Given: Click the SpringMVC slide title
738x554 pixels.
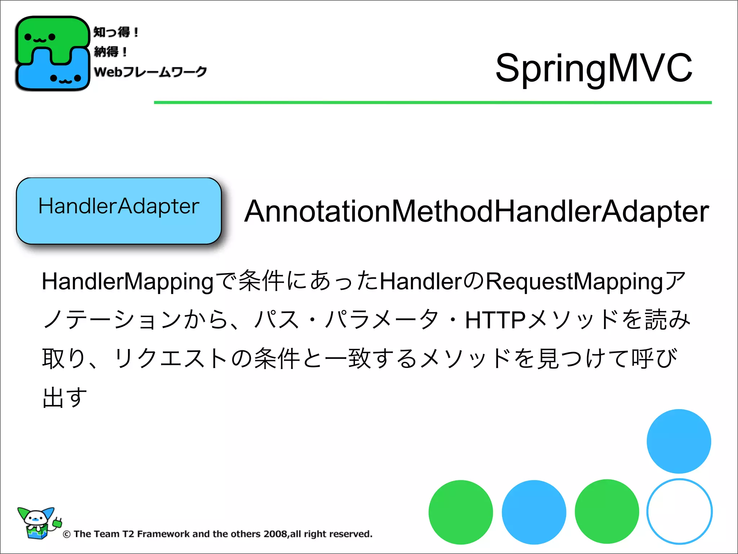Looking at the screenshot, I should click(x=593, y=68).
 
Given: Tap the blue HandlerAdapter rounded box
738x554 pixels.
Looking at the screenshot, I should click(x=119, y=211).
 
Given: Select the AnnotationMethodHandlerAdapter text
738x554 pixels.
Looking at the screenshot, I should click(x=476, y=211).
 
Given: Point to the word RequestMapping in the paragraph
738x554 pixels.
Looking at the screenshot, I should click(x=574, y=282).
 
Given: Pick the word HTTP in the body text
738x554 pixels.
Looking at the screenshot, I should click(x=495, y=320).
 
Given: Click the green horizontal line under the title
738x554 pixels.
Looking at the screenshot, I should click(x=432, y=103).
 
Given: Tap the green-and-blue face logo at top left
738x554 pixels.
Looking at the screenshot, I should click(x=52, y=53).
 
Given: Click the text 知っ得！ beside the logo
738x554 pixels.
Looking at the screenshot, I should click(x=116, y=32).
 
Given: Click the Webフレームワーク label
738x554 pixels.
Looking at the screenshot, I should click(x=150, y=71).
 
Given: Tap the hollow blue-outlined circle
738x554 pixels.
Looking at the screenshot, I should click(x=679, y=511).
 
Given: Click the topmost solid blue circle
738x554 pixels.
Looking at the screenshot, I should click(x=679, y=441).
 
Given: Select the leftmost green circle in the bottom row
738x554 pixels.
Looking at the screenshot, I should click(x=461, y=512).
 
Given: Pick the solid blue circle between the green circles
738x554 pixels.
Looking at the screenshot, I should click(x=534, y=512).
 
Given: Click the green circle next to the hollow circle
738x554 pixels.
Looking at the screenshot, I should click(x=607, y=511).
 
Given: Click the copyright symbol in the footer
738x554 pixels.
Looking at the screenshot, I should click(x=67, y=535).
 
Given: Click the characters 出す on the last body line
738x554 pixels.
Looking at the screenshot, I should click(x=65, y=397).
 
